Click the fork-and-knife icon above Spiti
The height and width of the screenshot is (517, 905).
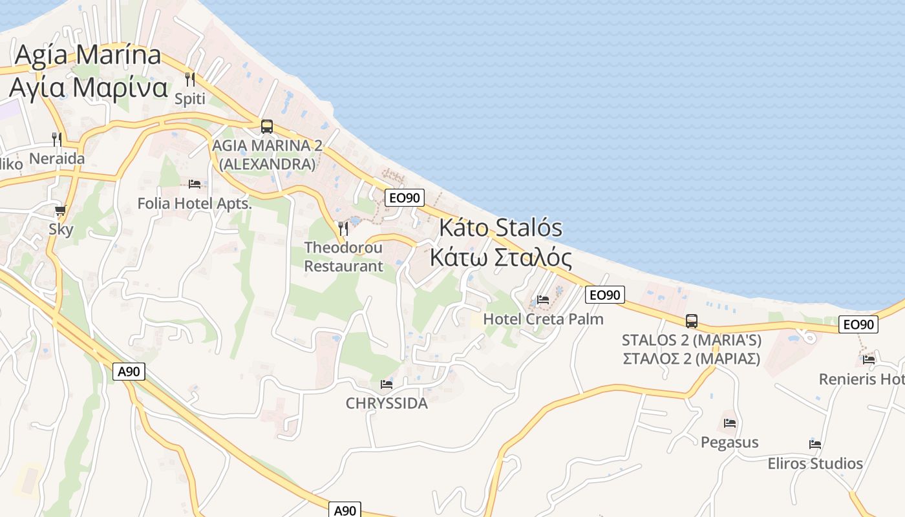(189, 79)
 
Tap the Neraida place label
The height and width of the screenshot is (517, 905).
(57, 158)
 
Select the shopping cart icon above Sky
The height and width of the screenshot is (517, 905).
(61, 211)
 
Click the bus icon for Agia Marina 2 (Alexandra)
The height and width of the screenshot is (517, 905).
(267, 127)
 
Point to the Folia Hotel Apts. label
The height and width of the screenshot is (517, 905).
(194, 204)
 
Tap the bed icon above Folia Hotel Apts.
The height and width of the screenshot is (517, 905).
(195, 184)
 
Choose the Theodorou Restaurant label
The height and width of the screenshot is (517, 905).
(343, 257)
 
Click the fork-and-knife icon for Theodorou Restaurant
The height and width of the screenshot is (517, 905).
(343, 228)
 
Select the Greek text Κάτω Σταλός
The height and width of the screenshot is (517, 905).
(501, 258)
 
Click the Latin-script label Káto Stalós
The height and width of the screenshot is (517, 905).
(501, 228)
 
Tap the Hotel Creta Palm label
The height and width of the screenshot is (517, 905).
(543, 319)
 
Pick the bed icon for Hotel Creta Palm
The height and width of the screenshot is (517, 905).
(543, 300)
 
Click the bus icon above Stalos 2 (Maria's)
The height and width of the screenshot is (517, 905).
(692, 321)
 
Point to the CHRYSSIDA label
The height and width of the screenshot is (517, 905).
(387, 403)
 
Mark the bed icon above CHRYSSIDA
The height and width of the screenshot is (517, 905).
(387, 385)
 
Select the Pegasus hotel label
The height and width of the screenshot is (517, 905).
(730, 442)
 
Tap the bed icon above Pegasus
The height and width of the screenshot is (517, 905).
(730, 423)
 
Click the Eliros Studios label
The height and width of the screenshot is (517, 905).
(815, 463)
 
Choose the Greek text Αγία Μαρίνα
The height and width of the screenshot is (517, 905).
(89, 87)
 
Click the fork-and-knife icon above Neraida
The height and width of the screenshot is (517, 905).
(57, 139)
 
